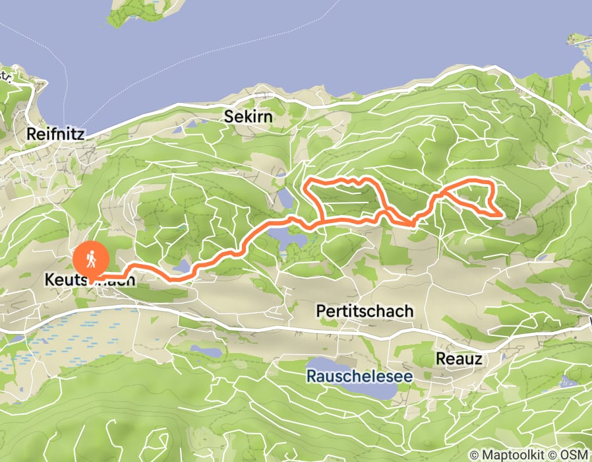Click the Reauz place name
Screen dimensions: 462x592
click(x=459, y=358)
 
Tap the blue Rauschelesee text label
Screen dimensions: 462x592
click(x=359, y=376)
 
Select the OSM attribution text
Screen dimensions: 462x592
click(x=576, y=455)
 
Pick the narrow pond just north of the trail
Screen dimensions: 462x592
click(x=285, y=198)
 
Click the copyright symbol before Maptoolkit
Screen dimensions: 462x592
click(x=474, y=455)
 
